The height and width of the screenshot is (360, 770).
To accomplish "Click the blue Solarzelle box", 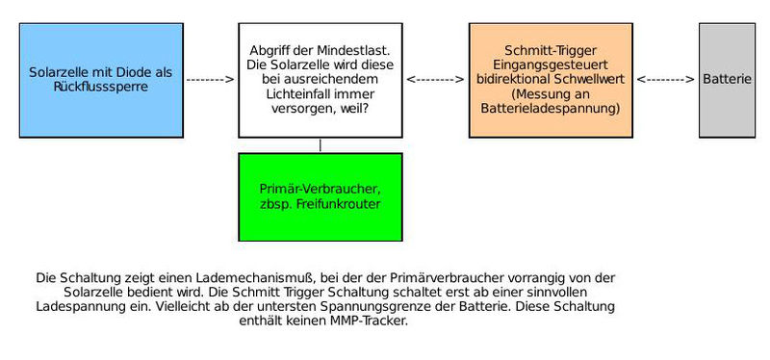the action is click(101, 80).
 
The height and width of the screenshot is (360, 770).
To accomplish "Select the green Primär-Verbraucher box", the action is click(320, 196).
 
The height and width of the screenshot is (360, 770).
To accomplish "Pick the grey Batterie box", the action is click(727, 80).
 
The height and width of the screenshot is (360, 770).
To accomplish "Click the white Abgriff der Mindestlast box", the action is click(320, 80).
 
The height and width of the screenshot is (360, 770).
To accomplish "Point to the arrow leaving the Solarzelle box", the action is click(210, 79).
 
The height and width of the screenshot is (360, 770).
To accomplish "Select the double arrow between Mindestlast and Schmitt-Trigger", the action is click(435, 79).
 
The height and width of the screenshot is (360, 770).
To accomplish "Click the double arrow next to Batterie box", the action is click(666, 79).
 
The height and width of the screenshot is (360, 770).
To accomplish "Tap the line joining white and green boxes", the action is click(320, 144).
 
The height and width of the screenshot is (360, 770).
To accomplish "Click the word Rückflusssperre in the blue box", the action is click(101, 87).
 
